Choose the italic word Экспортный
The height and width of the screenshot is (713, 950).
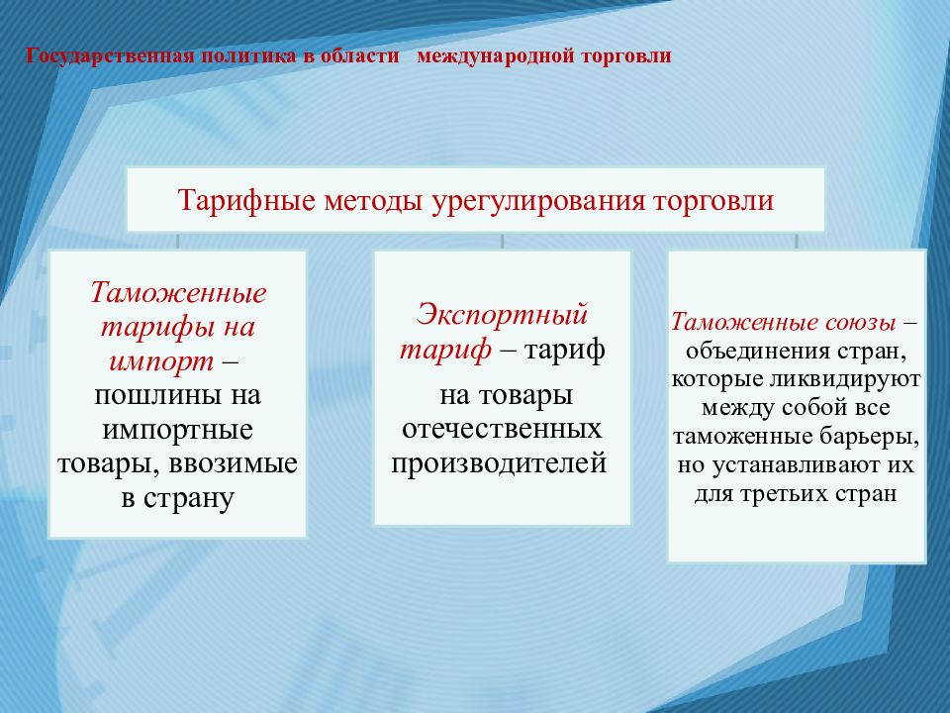pos(502,315)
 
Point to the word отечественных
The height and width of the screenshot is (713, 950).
pos(502,429)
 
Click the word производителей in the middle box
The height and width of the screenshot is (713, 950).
pos(502,462)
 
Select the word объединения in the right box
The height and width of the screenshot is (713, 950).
pos(760,351)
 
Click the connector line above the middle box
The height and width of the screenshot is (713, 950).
pos(503,242)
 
